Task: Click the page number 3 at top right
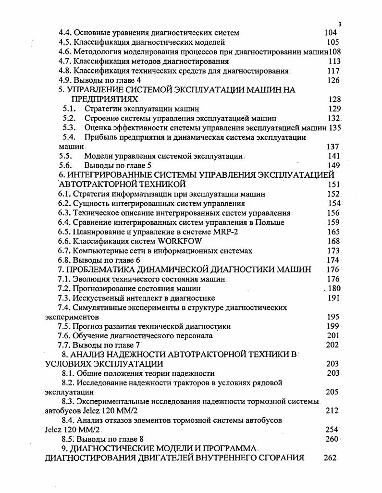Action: click(x=340, y=25)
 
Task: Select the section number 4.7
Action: click(x=65, y=62)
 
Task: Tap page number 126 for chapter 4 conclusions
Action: click(x=333, y=80)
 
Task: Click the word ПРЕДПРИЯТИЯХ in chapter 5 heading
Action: click(x=104, y=99)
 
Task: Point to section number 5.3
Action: click(x=69, y=128)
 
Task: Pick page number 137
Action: click(x=333, y=147)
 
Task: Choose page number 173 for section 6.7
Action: click(x=333, y=251)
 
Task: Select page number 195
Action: click(x=333, y=317)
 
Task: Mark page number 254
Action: click(x=332, y=429)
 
